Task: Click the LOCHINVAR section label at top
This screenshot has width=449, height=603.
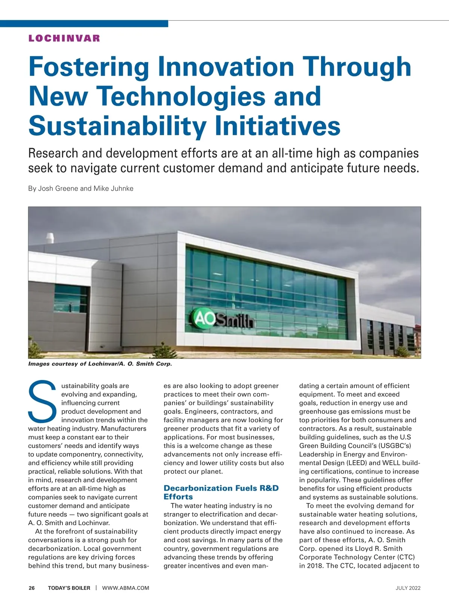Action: (x=64, y=38)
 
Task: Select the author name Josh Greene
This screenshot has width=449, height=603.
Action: (x=58, y=188)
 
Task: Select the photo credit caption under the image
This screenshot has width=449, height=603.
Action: (x=100, y=364)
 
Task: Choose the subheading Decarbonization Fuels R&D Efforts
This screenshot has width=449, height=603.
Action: (x=221, y=492)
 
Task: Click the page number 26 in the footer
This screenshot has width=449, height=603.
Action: (x=32, y=588)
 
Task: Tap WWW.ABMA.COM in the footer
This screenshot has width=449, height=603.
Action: (x=125, y=588)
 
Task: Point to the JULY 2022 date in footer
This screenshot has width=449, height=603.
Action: (x=408, y=588)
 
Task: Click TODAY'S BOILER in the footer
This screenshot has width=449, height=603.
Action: (x=69, y=588)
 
